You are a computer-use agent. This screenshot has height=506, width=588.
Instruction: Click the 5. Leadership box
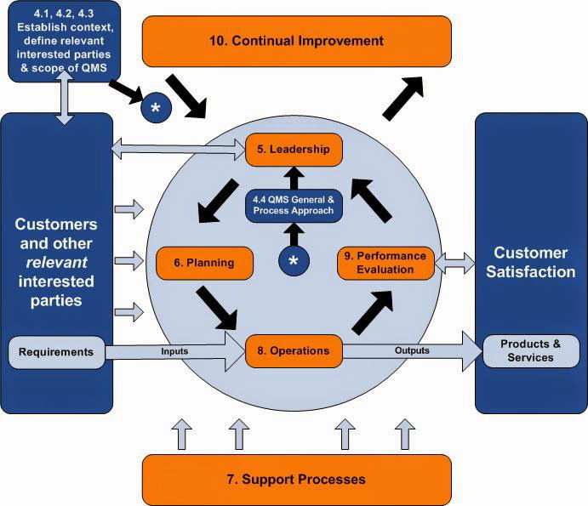[x=294, y=150]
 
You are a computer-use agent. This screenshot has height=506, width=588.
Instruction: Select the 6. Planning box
[x=204, y=263]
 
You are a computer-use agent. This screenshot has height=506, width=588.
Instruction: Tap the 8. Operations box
[x=294, y=351]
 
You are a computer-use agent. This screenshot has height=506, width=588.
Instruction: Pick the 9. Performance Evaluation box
[x=385, y=263]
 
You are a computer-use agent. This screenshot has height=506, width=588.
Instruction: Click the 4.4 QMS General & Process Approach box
[x=294, y=206]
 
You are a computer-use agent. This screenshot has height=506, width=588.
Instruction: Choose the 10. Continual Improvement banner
[x=297, y=41]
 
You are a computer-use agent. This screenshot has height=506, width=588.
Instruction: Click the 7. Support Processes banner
[x=297, y=480]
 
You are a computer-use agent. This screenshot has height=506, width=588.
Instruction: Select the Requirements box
[x=57, y=352]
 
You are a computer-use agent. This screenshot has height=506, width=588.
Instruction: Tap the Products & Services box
[x=531, y=351]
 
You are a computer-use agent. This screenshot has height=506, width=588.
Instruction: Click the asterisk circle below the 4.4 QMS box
[x=294, y=261]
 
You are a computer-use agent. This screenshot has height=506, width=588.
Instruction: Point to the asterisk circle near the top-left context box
[x=156, y=108]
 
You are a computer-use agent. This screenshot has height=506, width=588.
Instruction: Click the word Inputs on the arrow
[x=174, y=351]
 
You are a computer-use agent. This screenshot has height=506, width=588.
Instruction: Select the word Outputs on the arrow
[x=412, y=350]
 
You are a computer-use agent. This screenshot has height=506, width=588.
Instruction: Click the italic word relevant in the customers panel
[x=56, y=263]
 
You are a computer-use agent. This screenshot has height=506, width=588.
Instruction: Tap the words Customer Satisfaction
[x=531, y=263]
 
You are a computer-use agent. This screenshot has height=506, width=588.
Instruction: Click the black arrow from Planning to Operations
[x=217, y=308]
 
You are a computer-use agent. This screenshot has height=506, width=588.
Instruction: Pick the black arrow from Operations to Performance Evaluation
[x=373, y=312]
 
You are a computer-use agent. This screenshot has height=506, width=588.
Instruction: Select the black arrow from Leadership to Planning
[x=218, y=201]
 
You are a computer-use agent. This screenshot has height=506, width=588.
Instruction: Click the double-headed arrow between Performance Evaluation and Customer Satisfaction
[x=454, y=263]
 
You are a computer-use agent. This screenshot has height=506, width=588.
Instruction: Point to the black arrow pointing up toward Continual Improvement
[x=402, y=98]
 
